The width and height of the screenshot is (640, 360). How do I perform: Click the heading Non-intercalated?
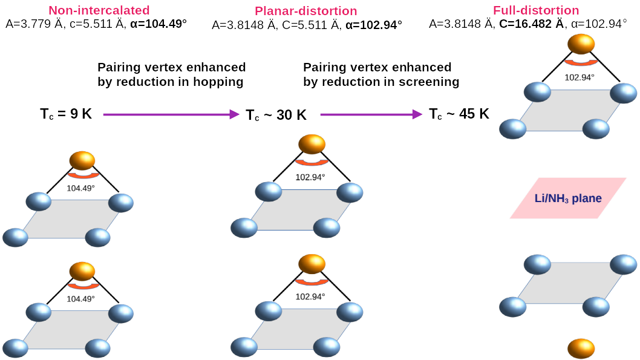point(99,10)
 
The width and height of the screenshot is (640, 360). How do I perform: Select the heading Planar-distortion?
point(306,11)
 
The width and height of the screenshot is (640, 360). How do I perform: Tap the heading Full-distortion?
point(536,10)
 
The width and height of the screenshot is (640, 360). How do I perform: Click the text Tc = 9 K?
point(66,113)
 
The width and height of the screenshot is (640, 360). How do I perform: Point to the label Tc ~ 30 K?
point(276,115)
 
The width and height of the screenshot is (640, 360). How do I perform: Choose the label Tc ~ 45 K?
point(459,114)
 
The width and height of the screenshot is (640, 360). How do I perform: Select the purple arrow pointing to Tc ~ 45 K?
point(370,114)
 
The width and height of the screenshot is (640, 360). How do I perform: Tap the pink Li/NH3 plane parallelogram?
point(568,198)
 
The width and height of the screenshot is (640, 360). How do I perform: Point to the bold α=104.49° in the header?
point(158,24)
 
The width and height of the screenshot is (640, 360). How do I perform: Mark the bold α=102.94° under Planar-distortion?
point(373,25)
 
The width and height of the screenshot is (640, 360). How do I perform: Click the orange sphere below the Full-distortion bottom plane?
point(581,349)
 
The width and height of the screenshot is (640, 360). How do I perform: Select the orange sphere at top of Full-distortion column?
point(581,44)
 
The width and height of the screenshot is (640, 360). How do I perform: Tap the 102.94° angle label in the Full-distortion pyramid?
point(580,77)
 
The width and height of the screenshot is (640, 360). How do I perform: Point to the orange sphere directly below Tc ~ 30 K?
point(312,145)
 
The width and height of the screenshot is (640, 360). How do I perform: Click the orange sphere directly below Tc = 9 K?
point(82,160)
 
